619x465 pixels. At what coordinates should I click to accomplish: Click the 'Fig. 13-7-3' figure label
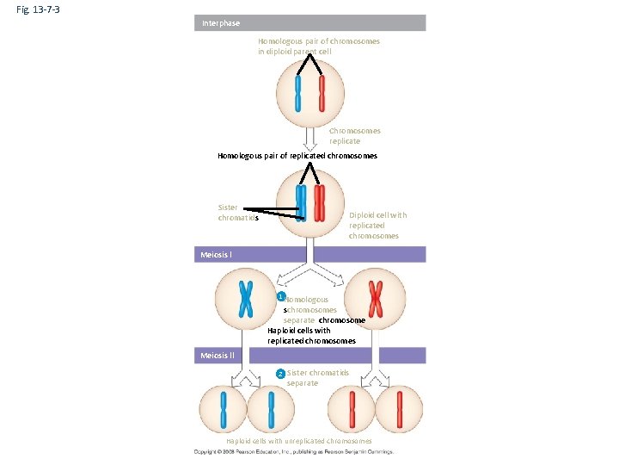[x=36, y=9]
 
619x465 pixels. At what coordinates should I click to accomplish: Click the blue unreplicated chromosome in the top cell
[x=298, y=94]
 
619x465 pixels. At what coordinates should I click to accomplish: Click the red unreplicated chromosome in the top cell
[x=322, y=94]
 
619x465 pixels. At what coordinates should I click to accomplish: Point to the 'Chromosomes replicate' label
[x=354, y=136]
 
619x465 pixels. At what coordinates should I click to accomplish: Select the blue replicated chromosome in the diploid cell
[x=301, y=203]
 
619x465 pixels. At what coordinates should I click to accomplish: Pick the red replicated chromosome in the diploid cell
[x=320, y=203]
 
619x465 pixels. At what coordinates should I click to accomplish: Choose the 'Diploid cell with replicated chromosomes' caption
[x=377, y=226]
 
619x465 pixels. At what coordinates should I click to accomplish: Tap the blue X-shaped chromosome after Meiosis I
[x=246, y=300]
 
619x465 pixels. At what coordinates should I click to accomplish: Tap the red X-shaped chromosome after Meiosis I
[x=375, y=300]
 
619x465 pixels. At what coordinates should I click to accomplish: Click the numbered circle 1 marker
[x=280, y=297]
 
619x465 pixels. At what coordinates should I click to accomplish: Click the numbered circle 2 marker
[x=279, y=374]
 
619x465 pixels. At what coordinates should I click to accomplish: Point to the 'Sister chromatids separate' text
[x=316, y=378]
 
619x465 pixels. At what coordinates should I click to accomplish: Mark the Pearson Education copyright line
[x=293, y=451]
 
